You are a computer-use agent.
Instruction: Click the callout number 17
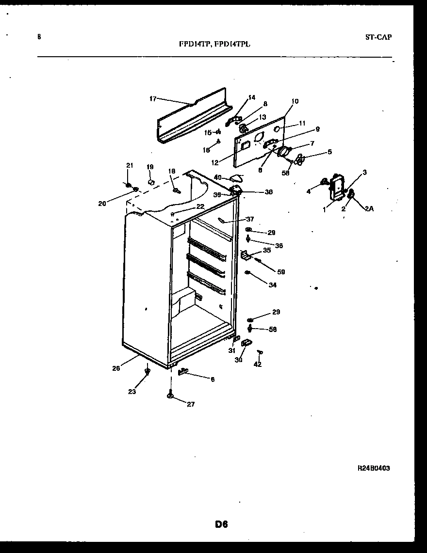(152, 99)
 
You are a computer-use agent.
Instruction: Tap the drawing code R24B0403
(373, 468)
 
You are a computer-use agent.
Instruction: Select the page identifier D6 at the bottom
(221, 524)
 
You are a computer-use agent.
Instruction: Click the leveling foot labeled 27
(171, 396)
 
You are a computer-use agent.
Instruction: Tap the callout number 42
(257, 364)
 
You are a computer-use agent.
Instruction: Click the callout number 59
(281, 272)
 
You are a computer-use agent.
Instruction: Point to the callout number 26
(116, 368)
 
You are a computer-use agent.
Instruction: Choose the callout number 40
(217, 178)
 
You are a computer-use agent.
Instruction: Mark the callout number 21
(129, 166)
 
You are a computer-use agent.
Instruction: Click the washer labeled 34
(247, 273)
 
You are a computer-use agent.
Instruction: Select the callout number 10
(295, 101)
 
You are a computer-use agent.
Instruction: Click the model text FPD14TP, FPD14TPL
(214, 43)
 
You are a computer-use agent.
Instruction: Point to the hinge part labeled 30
(246, 343)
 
